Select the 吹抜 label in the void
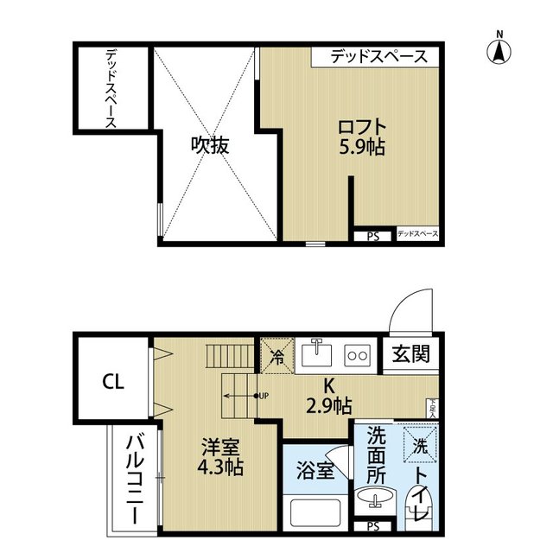210,145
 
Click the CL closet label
111,381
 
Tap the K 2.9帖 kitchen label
329,397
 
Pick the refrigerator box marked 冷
278,355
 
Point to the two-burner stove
357,354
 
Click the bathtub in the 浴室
315,514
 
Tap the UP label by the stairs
261,397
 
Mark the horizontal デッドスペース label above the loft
378,57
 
